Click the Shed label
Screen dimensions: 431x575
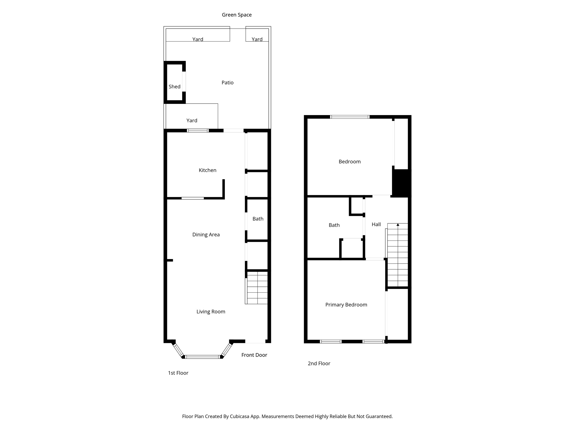click(174, 86)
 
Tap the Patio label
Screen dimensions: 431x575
click(227, 82)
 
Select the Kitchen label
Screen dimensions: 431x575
click(207, 170)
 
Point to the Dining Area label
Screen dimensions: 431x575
click(206, 235)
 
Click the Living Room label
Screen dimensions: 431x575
click(211, 311)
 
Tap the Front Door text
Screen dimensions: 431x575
click(254, 355)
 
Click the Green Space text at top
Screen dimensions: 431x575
click(237, 15)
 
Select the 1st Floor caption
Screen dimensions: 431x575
click(178, 373)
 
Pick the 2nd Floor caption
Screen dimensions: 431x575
click(319, 363)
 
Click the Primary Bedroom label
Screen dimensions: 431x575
click(346, 305)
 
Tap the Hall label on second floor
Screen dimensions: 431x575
click(376, 224)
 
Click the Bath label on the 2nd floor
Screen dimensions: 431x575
click(334, 225)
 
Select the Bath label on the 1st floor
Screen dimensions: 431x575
click(258, 219)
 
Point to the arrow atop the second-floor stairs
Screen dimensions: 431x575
click(398, 225)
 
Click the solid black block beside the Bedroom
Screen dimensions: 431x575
click(401, 182)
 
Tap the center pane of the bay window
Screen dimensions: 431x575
click(202, 357)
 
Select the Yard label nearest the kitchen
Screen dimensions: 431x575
click(192, 120)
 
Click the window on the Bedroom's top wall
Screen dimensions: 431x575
click(350, 117)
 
